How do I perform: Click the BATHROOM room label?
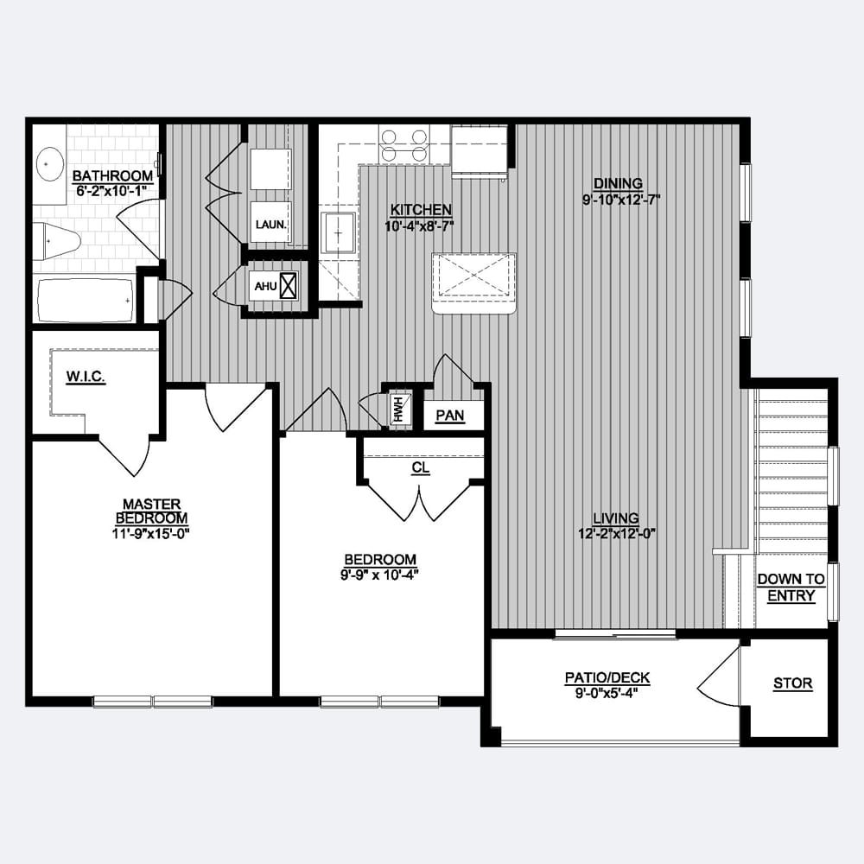click(112, 175)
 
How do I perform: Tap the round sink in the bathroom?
click(49, 163)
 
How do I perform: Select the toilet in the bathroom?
click(56, 242)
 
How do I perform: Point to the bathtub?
click(86, 301)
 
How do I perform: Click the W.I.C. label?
click(86, 377)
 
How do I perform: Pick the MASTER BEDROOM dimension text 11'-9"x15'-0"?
click(151, 533)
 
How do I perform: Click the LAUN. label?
click(270, 225)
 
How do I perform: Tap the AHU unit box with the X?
click(289, 285)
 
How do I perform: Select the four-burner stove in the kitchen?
click(404, 145)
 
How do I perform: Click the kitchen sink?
click(338, 232)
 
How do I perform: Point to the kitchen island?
click(473, 283)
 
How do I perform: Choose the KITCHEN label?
click(421, 210)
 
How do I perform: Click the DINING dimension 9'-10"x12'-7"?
click(621, 200)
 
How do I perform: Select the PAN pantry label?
click(449, 416)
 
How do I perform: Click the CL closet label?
click(421, 467)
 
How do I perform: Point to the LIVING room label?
click(616, 518)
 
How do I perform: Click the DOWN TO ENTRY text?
click(791, 588)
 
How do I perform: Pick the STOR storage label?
click(792, 683)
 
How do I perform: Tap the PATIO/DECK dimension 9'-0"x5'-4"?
click(607, 693)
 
